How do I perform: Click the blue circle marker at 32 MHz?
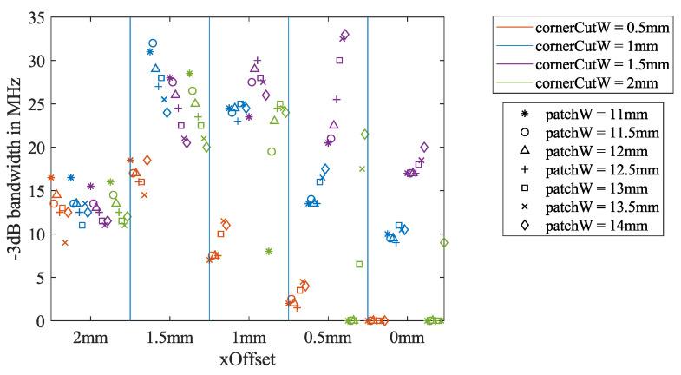tap(153, 43)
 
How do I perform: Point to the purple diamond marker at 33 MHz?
tap(344, 35)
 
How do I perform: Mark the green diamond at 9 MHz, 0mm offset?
tap(444, 243)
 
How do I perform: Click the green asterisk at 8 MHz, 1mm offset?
tap(269, 252)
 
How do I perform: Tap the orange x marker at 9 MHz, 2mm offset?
tap(65, 243)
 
